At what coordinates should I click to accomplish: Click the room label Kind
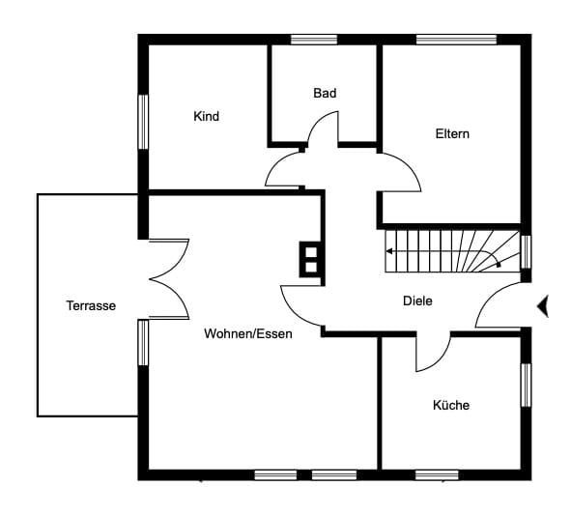click(206, 116)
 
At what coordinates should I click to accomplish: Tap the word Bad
click(325, 93)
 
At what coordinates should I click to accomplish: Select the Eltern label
click(452, 133)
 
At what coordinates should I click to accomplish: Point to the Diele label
click(417, 300)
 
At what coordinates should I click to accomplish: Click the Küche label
click(451, 405)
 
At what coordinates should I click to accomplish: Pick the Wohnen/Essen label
click(248, 333)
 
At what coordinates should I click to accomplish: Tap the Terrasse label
click(91, 305)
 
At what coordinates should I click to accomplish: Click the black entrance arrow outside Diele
click(543, 306)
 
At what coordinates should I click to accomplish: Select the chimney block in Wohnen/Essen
click(311, 260)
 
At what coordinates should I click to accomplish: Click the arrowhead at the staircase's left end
click(389, 251)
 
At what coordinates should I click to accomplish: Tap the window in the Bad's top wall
click(314, 40)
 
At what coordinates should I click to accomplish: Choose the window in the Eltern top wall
click(457, 40)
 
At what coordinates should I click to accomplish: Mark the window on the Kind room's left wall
click(144, 122)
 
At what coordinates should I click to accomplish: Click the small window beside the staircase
click(526, 251)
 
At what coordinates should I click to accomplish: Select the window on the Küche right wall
click(526, 386)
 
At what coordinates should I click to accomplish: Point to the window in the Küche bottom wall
click(437, 475)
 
